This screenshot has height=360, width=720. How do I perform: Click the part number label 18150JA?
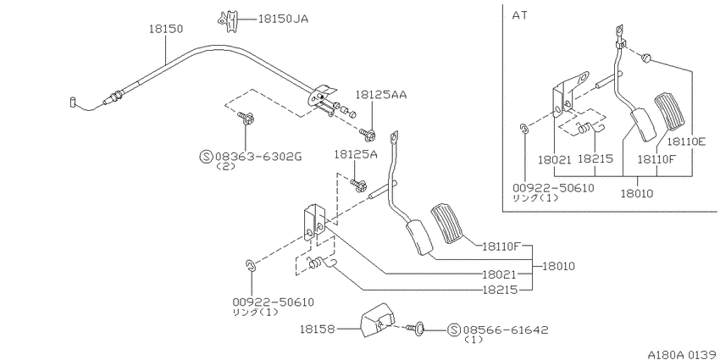tap(283, 19)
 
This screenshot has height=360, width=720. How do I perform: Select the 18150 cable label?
tap(166, 29)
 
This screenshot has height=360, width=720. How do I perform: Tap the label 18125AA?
tap(380, 95)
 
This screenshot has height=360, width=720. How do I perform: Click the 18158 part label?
tap(318, 329)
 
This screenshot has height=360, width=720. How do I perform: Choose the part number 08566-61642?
tap(506, 330)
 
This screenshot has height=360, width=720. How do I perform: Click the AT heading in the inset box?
tap(520, 15)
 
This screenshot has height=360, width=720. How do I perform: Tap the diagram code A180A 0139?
tap(684, 354)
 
